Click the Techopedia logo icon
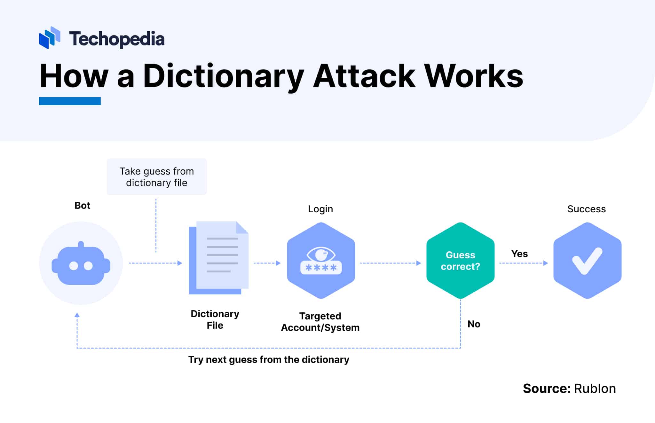click(x=50, y=38)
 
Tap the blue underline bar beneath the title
click(x=70, y=101)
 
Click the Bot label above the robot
click(x=82, y=206)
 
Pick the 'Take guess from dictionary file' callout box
click(x=156, y=177)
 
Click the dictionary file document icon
click(x=219, y=258)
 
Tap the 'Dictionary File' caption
click(x=215, y=319)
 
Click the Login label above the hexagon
click(x=320, y=209)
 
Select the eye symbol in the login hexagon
click(x=321, y=254)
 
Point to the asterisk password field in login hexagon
click(x=321, y=268)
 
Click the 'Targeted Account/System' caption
click(x=320, y=322)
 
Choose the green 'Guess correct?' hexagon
click(x=460, y=261)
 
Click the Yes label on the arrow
click(x=519, y=254)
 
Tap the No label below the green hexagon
click(x=474, y=324)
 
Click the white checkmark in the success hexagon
click(x=587, y=261)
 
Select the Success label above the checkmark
click(x=586, y=209)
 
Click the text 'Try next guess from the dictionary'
click(x=268, y=360)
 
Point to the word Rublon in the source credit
click(x=595, y=389)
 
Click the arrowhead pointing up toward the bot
click(x=77, y=315)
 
